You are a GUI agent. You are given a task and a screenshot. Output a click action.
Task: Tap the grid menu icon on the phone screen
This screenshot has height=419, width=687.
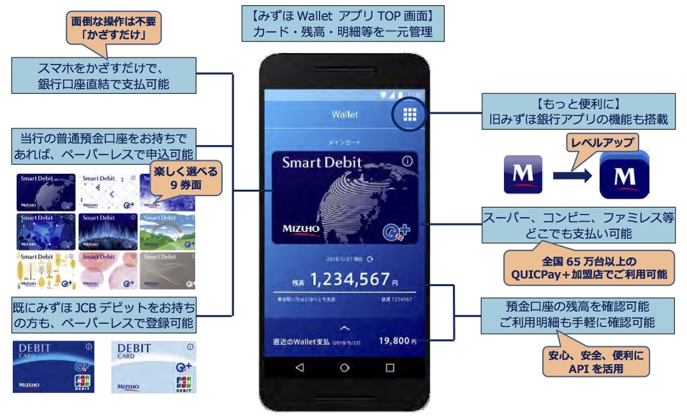pos(410,114)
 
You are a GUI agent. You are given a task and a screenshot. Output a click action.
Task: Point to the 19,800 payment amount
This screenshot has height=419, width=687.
pos(394,341)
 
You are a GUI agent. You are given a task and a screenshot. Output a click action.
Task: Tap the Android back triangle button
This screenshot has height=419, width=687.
pos(300,368)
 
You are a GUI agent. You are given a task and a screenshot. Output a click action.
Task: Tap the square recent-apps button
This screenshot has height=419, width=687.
pos(390,368)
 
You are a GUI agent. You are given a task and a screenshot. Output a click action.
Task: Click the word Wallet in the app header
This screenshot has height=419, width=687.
pos(344,115)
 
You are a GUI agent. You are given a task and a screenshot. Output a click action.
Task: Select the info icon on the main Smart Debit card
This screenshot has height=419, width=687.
pos(407,162)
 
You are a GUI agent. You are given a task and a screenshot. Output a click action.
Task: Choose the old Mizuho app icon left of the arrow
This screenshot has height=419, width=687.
pos(523,174)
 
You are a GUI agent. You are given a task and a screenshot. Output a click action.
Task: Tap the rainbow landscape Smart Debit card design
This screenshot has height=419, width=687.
pos(167,231)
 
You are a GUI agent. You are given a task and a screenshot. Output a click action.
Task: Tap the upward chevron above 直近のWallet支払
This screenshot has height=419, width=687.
pos(345,327)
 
